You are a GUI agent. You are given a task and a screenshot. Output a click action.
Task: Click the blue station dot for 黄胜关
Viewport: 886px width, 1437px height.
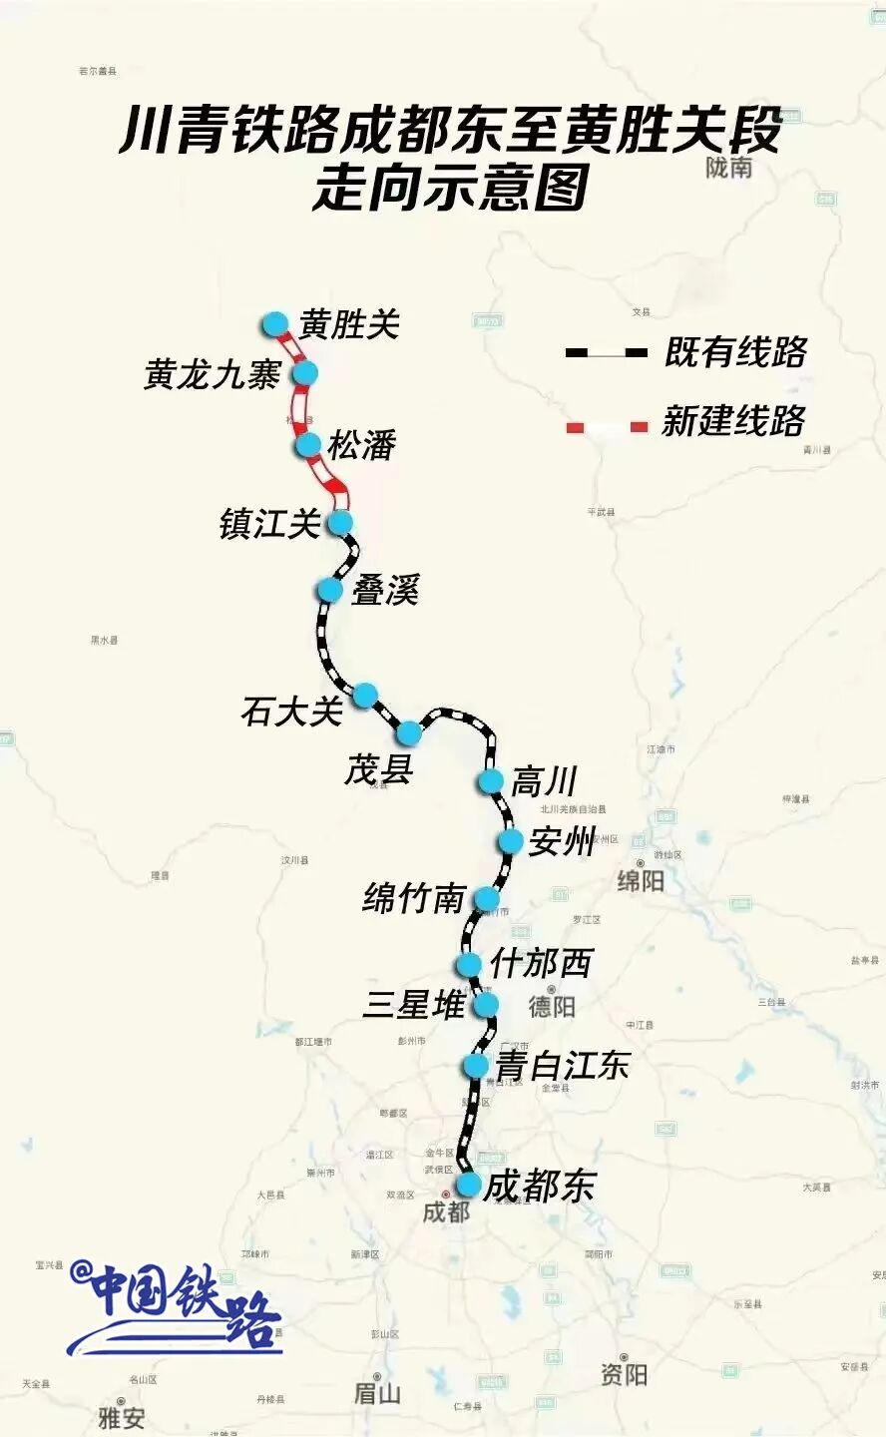(275, 324)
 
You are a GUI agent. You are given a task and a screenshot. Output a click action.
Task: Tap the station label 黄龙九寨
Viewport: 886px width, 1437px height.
(213, 375)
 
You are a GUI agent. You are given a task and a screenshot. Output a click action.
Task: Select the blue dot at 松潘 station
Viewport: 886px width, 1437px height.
(307, 445)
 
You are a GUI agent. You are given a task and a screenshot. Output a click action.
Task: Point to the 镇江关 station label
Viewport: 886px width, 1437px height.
(269, 524)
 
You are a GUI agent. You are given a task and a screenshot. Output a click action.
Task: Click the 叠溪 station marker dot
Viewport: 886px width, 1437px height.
(329, 590)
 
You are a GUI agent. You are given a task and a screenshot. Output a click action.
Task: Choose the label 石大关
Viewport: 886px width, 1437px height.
(291, 712)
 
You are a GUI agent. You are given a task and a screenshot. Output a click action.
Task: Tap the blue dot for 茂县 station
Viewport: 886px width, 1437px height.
(408, 733)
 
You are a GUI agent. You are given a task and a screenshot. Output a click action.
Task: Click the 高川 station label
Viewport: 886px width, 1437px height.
(544, 781)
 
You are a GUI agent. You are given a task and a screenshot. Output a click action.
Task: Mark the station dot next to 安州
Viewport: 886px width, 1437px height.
(510, 841)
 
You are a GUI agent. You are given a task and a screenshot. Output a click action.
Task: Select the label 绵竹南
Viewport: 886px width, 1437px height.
(414, 899)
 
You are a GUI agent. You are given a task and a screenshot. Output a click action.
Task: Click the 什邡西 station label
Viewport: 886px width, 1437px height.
(541, 964)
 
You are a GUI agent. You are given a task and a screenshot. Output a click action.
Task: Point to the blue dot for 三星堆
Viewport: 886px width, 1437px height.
(486, 1004)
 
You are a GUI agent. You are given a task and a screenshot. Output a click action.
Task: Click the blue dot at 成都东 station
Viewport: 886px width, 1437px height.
(468, 1185)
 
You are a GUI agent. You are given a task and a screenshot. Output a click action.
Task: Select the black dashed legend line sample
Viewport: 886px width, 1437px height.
(606, 352)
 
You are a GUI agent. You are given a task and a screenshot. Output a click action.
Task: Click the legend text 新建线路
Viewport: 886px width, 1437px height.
(733, 421)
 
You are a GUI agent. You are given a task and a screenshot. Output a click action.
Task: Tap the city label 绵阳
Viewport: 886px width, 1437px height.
(641, 881)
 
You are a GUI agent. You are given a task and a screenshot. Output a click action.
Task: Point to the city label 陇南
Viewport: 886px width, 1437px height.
(729, 168)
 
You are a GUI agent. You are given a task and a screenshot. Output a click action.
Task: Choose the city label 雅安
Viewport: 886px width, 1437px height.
(121, 1417)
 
